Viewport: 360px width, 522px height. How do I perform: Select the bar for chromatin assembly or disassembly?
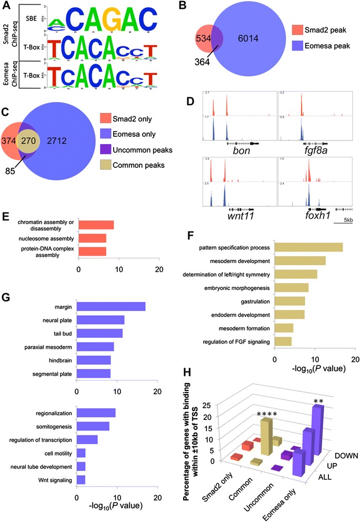pos(96,225)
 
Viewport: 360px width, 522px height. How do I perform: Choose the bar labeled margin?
pos(111,307)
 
